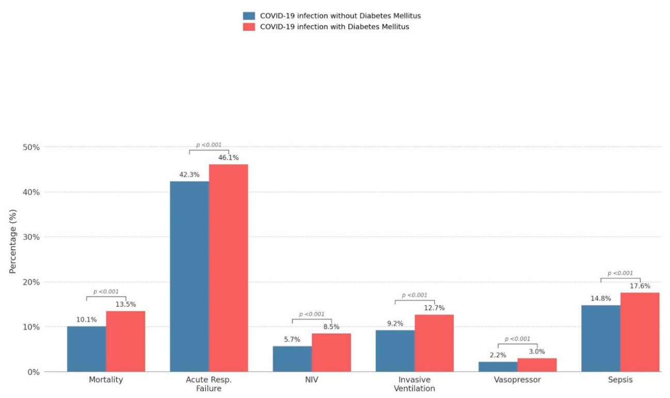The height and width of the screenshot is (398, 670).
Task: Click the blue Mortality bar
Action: [x=86, y=349]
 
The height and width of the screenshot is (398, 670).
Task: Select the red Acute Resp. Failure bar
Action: [x=229, y=268]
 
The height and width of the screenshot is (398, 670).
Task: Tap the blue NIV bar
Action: [x=292, y=359]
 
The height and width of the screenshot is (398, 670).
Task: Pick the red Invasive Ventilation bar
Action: [x=434, y=343]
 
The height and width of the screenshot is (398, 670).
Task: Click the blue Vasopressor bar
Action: [x=498, y=367]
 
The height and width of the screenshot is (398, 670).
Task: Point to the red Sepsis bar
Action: [x=640, y=332]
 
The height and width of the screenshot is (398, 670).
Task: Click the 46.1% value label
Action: [x=229, y=158]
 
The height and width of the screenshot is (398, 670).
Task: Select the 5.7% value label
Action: [x=292, y=339]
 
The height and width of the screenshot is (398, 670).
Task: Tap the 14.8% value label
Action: [x=601, y=299]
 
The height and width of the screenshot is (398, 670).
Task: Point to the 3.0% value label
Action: [x=537, y=352]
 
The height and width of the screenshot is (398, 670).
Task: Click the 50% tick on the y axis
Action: [x=31, y=147]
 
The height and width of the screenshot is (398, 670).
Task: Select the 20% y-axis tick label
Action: [x=31, y=283]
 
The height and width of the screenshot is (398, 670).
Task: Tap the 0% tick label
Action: [x=34, y=372]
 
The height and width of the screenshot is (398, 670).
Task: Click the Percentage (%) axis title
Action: [x=12, y=241]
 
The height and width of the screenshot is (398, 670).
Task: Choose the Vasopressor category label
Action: [x=517, y=380]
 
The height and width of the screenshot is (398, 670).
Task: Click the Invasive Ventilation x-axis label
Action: [x=414, y=384]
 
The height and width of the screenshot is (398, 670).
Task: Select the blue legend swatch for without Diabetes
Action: [x=249, y=16]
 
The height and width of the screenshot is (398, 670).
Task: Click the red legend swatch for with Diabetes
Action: [x=249, y=27]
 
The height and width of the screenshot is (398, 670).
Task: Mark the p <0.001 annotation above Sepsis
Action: [x=620, y=273]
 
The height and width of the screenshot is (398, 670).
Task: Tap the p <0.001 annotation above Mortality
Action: [x=106, y=292]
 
